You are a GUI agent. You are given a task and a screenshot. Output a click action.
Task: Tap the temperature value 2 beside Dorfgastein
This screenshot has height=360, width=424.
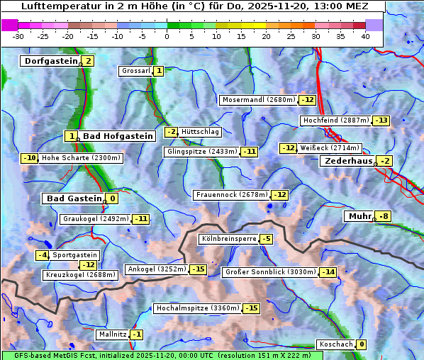pos(89,61)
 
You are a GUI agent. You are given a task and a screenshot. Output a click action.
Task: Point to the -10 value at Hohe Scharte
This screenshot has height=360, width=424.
pos(29,158)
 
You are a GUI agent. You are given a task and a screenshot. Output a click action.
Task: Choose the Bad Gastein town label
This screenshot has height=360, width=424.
pos(74,198)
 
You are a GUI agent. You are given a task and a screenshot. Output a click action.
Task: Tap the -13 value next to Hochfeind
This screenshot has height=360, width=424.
pos(381,120)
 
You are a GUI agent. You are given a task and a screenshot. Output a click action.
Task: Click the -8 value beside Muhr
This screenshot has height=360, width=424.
pos(384,216)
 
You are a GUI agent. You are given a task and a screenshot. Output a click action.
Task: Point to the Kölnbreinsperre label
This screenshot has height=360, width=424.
pos(228,240)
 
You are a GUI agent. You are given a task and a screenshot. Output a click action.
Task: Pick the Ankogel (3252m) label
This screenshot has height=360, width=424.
pos(156,269)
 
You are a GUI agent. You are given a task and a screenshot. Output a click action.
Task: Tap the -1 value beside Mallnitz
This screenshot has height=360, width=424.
pos(137,334)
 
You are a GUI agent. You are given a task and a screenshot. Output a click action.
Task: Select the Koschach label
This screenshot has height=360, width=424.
pos(335,344)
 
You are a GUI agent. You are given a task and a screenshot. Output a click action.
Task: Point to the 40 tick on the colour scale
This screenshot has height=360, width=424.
pos(365,36)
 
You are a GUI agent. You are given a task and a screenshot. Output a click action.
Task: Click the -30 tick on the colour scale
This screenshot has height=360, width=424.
pos(18,36)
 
